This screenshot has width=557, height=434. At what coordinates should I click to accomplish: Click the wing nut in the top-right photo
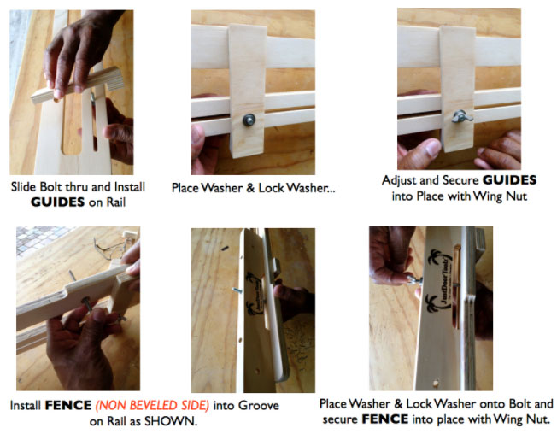click(462, 116)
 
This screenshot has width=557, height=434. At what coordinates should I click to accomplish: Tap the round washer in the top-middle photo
click(249, 120)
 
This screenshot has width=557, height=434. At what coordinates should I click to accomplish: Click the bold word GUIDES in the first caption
click(57, 202)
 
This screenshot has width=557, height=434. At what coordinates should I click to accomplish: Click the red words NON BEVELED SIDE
click(152, 405)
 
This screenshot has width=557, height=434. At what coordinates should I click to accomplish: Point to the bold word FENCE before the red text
click(68, 405)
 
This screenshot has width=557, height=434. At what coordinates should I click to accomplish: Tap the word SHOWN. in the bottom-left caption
click(171, 421)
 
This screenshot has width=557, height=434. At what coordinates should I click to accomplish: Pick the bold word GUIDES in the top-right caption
click(509, 180)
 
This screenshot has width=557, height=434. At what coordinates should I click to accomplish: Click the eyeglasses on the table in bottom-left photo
click(111, 248)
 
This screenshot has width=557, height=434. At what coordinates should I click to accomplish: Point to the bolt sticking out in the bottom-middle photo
click(237, 290)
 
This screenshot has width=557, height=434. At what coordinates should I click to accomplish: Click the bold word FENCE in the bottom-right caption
click(385, 419)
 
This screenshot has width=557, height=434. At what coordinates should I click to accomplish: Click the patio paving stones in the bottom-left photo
click(39, 238)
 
